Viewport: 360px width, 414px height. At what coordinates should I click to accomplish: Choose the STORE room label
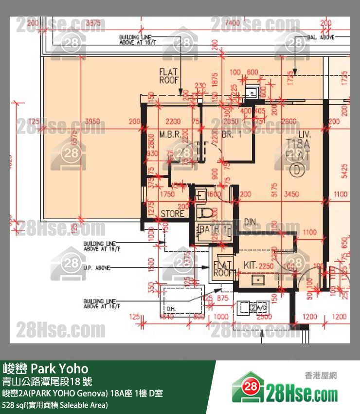coord(172,213)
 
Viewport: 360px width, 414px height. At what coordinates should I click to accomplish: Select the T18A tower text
coord(299,144)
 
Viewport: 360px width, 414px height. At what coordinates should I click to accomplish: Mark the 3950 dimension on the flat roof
coord(92,121)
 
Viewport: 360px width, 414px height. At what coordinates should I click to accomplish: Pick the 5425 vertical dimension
coord(345,170)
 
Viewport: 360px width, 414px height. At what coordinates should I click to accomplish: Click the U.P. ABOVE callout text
coord(97,268)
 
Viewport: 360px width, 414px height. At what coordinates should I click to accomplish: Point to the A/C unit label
coord(256,308)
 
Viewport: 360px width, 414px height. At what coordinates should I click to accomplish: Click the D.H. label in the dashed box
coord(171,309)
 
